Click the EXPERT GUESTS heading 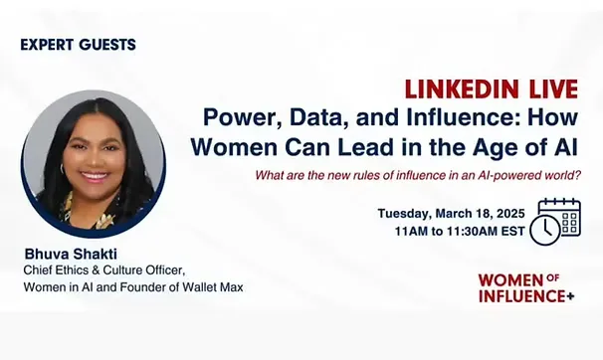pos(79,45)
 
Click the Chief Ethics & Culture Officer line pos(103,270)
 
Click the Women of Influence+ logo pos(524,287)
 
